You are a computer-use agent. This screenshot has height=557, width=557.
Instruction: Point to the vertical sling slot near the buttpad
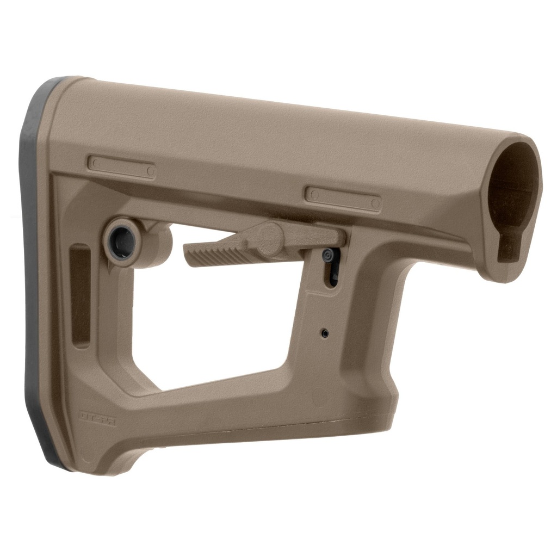[x=81, y=296]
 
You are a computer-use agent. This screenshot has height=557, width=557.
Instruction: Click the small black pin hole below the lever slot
[x=325, y=332]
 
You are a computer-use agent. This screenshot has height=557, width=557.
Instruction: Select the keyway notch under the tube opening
[x=510, y=247]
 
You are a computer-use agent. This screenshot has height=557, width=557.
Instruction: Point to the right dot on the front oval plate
[x=374, y=203]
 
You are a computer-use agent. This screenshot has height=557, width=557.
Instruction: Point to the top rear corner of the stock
[x=65, y=87]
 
